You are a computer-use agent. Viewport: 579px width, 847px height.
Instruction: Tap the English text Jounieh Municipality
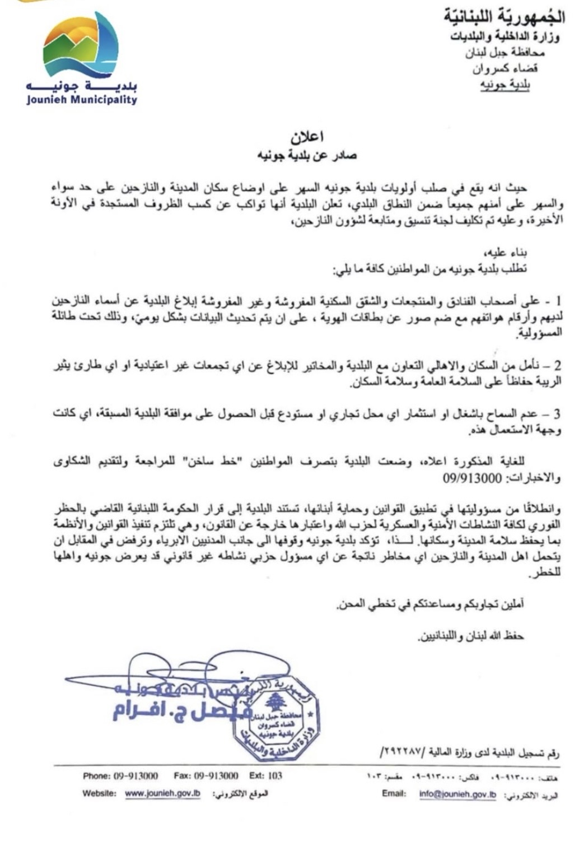coord(82,100)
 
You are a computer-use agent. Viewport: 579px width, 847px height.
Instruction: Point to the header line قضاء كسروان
coord(505,69)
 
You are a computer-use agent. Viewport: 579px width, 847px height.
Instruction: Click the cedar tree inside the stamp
coord(275,701)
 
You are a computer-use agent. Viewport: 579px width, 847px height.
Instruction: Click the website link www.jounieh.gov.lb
coord(162,794)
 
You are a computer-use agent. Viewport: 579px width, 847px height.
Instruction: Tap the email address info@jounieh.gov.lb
coord(457,794)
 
